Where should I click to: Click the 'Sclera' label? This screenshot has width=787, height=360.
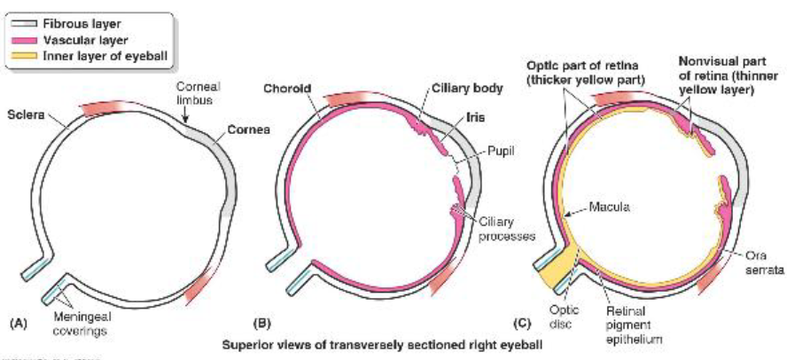[x=23, y=115]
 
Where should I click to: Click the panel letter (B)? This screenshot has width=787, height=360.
[x=263, y=325]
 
